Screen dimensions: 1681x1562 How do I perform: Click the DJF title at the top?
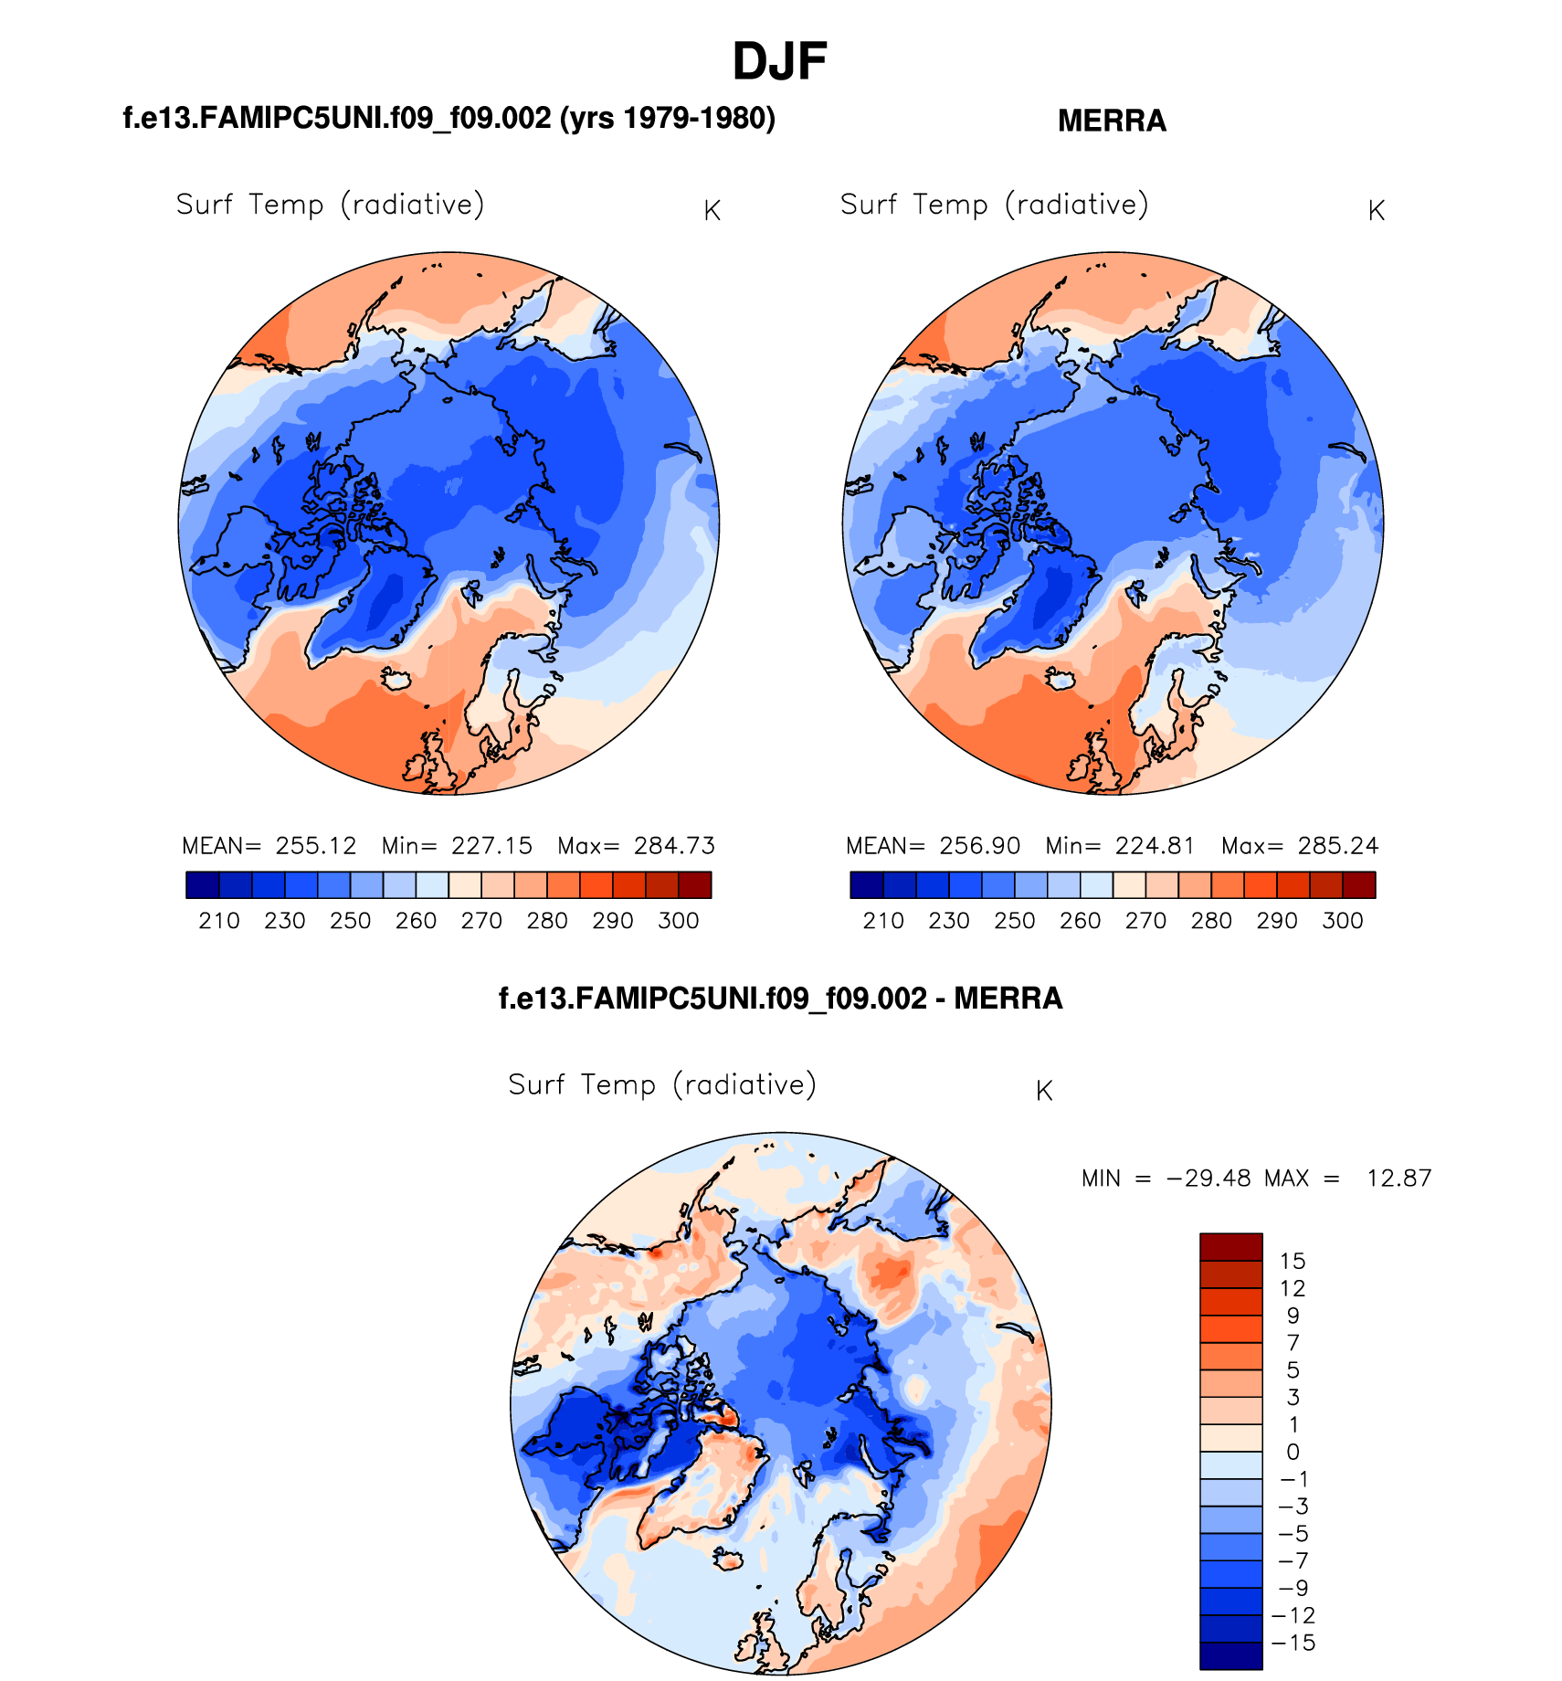tap(779, 62)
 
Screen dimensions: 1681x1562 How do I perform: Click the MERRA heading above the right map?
tap(1112, 122)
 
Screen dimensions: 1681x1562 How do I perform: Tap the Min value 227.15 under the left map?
tap(491, 846)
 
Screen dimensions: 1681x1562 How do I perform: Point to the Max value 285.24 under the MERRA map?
tap(1337, 846)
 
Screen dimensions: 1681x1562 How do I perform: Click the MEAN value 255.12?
tap(316, 846)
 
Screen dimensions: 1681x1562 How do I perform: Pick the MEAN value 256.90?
tap(980, 846)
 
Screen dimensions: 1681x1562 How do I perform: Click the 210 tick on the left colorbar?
tap(219, 921)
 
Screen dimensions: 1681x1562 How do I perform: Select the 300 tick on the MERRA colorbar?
tap(1342, 921)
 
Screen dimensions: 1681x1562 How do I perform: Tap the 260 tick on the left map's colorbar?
tap(416, 921)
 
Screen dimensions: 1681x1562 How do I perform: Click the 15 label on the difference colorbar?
tap(1293, 1262)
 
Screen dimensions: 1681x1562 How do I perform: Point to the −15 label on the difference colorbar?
tap(1293, 1644)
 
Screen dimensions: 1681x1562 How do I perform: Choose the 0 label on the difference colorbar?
tap(1293, 1453)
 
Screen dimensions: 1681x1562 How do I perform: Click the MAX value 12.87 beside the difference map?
tap(1398, 1179)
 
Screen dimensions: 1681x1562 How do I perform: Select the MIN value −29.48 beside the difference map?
tap(1208, 1179)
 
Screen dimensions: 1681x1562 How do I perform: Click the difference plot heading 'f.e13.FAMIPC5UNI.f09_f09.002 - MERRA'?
tap(780, 999)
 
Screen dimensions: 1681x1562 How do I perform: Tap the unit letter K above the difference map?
tap(1044, 1092)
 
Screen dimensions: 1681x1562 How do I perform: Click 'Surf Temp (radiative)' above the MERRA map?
tap(994, 205)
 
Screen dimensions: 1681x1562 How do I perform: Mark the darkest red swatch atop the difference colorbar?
tap(1230, 1247)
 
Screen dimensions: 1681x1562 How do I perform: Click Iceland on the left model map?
tap(397, 679)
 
